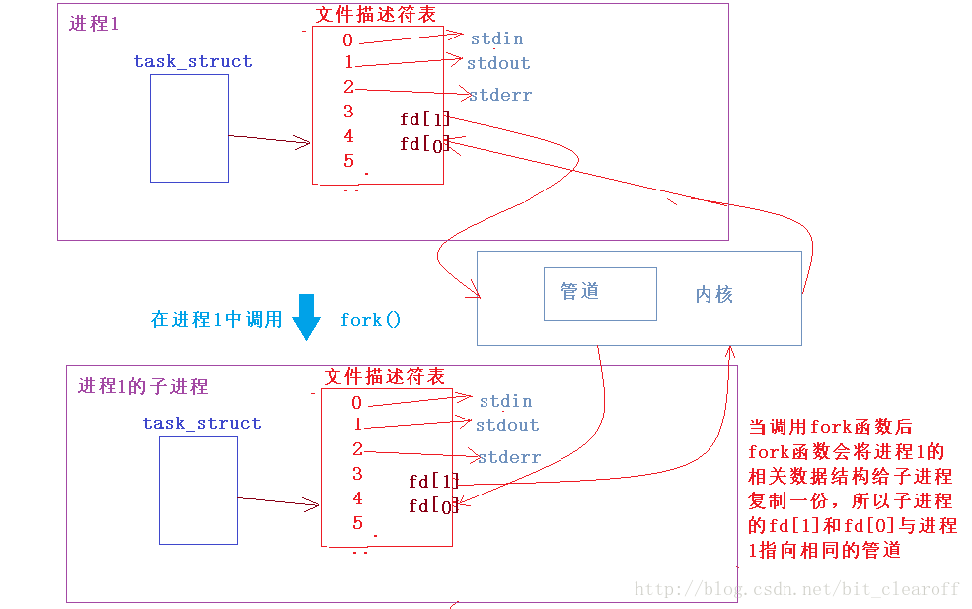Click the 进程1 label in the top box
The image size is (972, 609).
click(94, 24)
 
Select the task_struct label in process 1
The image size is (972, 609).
click(192, 61)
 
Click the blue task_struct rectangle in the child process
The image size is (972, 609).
click(197, 490)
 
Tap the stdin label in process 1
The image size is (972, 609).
click(496, 38)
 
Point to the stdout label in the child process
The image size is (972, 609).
click(507, 425)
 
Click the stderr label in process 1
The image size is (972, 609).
click(499, 95)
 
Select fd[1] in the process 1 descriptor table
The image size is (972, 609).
click(423, 119)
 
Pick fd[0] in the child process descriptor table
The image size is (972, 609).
click(433, 506)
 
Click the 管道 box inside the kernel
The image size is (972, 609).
click(600, 293)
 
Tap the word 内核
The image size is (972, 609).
click(713, 294)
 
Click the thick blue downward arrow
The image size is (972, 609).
click(307, 317)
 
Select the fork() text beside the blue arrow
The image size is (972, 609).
click(370, 320)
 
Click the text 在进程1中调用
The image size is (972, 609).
click(216, 320)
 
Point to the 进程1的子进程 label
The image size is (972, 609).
click(143, 386)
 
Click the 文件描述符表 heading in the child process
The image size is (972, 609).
click(384, 377)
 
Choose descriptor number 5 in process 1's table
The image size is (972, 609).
click(348, 161)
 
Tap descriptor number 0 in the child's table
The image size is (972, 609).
click(356, 402)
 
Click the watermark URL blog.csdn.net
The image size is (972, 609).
click(797, 589)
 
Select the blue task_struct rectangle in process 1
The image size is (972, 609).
click(188, 128)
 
